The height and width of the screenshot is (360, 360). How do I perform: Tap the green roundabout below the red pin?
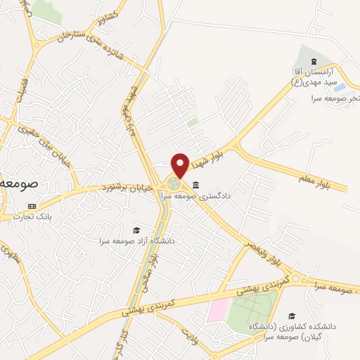tap(173, 184)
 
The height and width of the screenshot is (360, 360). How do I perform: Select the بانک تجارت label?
tap(31, 217)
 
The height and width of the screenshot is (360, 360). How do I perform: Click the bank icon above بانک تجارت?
tap(32, 205)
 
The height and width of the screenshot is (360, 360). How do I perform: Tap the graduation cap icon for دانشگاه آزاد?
tap(136, 230)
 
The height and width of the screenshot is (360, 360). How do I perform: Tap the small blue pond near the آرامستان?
tap(339, 88)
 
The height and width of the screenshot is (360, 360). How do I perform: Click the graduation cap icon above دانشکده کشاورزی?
tap(292, 316)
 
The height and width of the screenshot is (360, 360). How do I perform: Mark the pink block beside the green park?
tap(219, 309)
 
